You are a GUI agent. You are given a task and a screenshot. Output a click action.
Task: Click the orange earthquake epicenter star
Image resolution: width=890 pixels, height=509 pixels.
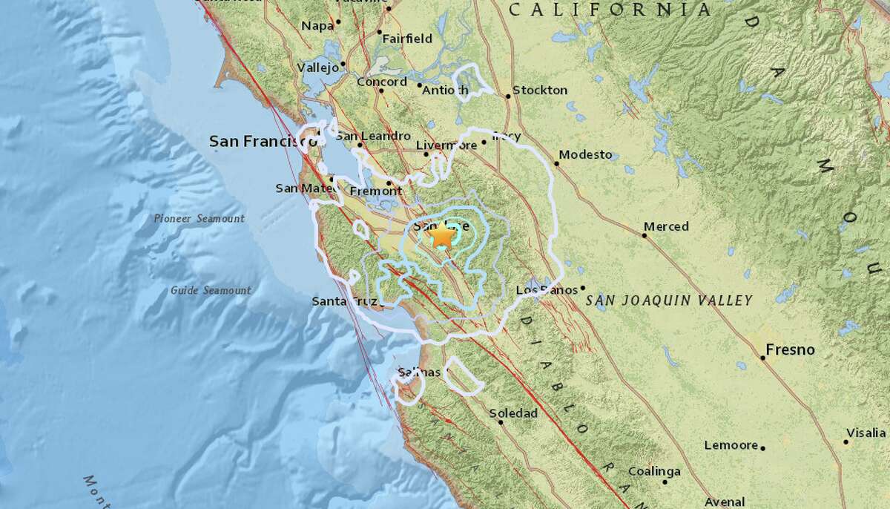tap(442, 237)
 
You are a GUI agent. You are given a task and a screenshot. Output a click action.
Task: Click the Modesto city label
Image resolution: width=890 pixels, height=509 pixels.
tap(586, 154)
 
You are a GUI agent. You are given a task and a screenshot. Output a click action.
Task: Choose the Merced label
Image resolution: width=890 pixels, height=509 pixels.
tap(666, 226)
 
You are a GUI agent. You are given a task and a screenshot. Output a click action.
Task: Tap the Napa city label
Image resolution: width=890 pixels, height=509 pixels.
tap(317, 26)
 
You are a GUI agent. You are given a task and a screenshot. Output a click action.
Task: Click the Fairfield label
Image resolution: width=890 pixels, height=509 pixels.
tap(407, 39)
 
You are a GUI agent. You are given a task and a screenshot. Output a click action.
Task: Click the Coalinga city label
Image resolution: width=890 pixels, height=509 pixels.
tap(654, 471)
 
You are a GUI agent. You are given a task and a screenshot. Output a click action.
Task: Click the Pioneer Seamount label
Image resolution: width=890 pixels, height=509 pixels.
tap(200, 218)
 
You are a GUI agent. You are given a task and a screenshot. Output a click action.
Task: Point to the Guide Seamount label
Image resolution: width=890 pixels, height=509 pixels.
tap(211, 290)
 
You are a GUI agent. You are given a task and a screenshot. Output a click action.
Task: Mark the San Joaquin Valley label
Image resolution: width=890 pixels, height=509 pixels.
tap(669, 301)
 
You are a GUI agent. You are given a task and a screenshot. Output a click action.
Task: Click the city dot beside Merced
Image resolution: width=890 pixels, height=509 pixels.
tap(644, 236)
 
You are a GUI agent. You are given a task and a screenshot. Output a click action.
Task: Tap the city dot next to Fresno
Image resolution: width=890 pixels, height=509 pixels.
tap(762, 358)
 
